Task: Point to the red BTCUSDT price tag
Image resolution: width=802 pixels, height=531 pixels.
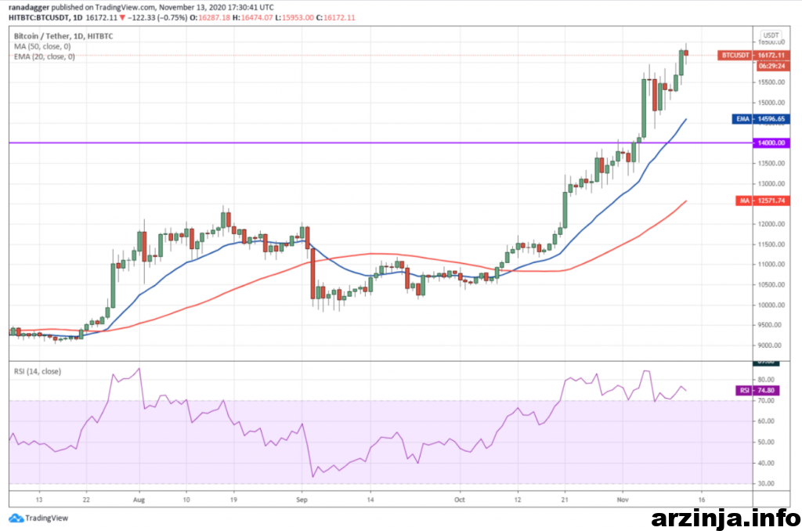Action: pyautogui.click(x=734, y=56)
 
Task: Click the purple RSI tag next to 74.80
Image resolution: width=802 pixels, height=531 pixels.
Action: pyautogui.click(x=743, y=390)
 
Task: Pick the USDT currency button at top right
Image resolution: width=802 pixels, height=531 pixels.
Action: pyautogui.click(x=771, y=35)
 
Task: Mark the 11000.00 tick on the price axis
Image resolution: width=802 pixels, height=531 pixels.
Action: pyautogui.click(x=771, y=265)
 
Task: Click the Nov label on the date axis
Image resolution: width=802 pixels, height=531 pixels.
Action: pyautogui.click(x=623, y=497)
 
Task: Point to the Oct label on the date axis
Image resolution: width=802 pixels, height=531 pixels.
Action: pyautogui.click(x=460, y=497)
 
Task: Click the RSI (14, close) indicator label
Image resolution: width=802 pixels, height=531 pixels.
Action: pyautogui.click(x=38, y=370)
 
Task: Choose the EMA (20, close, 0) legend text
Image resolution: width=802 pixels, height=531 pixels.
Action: pyautogui.click(x=45, y=56)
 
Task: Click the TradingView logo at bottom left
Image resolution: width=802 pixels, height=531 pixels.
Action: pyautogui.click(x=38, y=518)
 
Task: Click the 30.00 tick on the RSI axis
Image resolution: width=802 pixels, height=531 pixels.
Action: pyautogui.click(x=768, y=484)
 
